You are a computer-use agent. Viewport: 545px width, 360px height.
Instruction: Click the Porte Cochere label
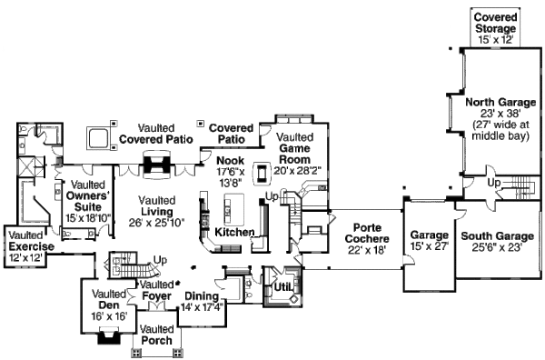point(363,237)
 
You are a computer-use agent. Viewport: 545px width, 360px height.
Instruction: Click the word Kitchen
point(235,234)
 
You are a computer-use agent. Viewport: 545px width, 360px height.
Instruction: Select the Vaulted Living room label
point(157,210)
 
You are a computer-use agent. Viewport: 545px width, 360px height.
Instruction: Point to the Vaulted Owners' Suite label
point(88,201)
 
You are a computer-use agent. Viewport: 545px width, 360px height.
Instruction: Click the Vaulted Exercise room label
point(31,245)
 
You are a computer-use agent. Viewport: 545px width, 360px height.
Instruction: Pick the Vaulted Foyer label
point(157,291)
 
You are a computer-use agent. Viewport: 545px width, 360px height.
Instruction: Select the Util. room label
point(282,289)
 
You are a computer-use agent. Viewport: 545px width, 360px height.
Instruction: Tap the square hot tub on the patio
point(97,138)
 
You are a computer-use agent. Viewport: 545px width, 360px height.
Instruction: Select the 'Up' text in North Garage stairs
point(494,184)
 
